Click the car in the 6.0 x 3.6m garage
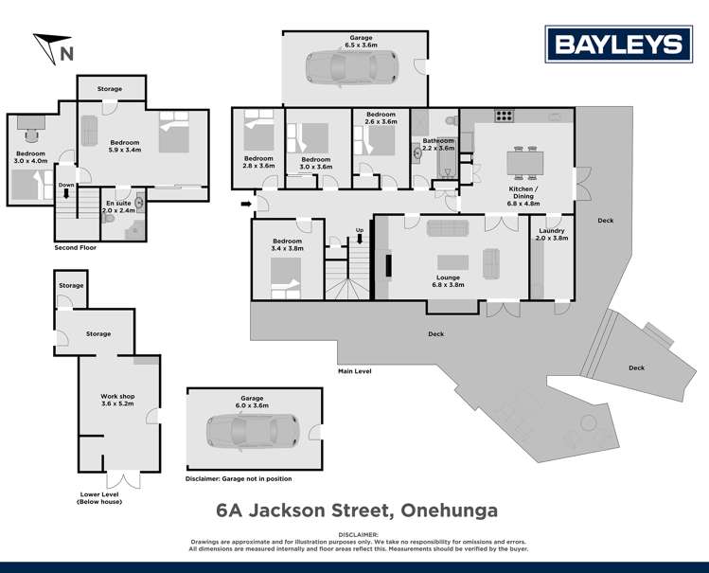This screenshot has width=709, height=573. click(x=253, y=431)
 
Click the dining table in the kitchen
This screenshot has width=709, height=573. click(x=525, y=163)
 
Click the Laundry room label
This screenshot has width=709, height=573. click(x=551, y=235)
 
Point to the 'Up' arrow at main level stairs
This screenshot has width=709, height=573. click(x=359, y=237)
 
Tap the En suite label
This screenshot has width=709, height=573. click(x=118, y=207)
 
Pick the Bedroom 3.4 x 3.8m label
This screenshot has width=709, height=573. click(x=287, y=245)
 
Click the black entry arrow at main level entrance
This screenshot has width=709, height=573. click(x=247, y=202)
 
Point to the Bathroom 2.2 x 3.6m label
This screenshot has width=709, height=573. click(x=438, y=145)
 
